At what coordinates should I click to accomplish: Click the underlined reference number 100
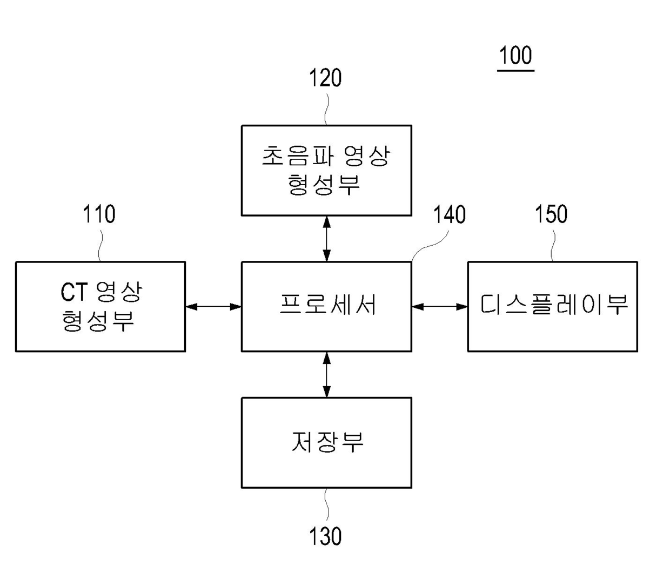[515, 56]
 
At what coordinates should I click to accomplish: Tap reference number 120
[325, 78]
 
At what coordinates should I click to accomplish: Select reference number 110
[99, 214]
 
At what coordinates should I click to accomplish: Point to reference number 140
[449, 215]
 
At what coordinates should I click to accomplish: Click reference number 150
[551, 214]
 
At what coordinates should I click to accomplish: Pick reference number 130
[325, 536]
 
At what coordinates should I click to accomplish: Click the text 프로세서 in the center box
[327, 305]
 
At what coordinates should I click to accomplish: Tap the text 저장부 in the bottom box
[327, 442]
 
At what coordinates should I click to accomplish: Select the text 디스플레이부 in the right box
[554, 305]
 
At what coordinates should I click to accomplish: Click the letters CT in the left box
[73, 293]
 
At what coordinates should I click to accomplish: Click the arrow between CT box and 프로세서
[213, 307]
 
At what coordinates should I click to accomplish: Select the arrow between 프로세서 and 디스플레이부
[439, 307]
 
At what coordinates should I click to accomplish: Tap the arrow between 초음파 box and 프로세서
[326, 239]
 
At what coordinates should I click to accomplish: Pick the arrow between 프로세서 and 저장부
[326, 375]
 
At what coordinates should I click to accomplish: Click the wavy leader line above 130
[326, 505]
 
